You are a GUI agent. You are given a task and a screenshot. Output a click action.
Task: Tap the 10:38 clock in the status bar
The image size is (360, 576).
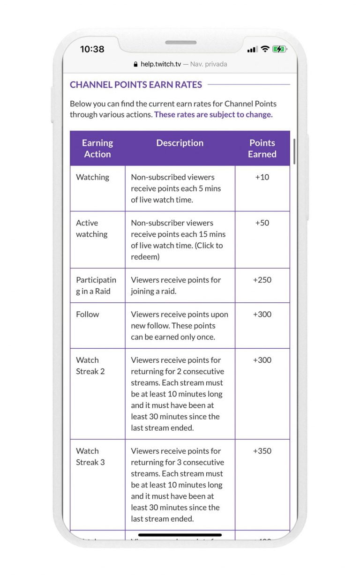[92, 49]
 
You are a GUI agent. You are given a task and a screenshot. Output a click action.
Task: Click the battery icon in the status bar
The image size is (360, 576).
[279, 49]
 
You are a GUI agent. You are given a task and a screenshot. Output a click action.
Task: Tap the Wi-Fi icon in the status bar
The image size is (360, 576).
[265, 49]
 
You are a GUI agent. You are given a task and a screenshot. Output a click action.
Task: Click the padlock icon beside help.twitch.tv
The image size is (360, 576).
[136, 64]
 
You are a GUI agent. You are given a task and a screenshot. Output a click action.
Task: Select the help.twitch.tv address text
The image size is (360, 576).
[160, 64]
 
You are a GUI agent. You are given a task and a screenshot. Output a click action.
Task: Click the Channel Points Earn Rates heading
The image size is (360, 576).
[136, 85]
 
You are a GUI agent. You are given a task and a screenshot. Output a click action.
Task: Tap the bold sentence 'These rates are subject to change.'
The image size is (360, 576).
[213, 114]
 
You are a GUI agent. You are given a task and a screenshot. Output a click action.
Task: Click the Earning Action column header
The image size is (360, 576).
[97, 149]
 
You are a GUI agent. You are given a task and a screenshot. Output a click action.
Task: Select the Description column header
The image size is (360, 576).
[180, 143]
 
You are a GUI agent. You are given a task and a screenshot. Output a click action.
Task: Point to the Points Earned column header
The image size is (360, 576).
[262, 149]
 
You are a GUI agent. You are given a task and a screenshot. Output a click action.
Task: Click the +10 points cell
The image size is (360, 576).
[262, 177]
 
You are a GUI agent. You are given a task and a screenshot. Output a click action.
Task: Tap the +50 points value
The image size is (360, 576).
[262, 223]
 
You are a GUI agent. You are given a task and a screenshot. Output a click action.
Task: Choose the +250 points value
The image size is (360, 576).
[262, 280]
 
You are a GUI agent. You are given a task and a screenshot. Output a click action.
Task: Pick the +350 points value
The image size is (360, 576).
[262, 451]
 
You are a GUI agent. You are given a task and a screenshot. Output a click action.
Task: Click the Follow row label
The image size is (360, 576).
[88, 314]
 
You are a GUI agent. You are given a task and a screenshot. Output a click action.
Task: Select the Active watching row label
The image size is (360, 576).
[92, 229]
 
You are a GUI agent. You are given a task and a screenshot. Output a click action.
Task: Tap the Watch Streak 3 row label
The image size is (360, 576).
[90, 456]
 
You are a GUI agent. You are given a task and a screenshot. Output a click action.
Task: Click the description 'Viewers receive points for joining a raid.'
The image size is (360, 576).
[176, 285]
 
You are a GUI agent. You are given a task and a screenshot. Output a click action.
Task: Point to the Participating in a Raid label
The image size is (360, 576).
[96, 285]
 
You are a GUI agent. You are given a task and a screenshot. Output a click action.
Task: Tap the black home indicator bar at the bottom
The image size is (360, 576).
[180, 535]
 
